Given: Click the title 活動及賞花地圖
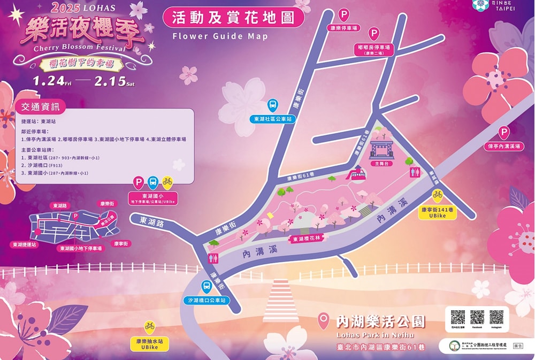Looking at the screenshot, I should click(234, 18).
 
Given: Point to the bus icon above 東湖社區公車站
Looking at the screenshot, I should click(272, 105).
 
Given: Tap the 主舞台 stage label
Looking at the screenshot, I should click(381, 164).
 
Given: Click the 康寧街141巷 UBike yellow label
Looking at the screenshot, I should click(437, 213).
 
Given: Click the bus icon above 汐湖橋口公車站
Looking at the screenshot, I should click(206, 287).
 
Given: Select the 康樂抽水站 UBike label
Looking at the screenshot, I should click(149, 343).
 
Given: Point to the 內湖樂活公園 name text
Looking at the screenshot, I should click(380, 321).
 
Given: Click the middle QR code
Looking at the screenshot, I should click(477, 317).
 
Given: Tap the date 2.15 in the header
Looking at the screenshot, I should click(110, 81).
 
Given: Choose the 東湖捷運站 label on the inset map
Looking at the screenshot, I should click(25, 244).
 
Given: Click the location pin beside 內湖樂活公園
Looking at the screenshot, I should click(323, 320).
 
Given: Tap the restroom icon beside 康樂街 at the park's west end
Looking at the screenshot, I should click(212, 258).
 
